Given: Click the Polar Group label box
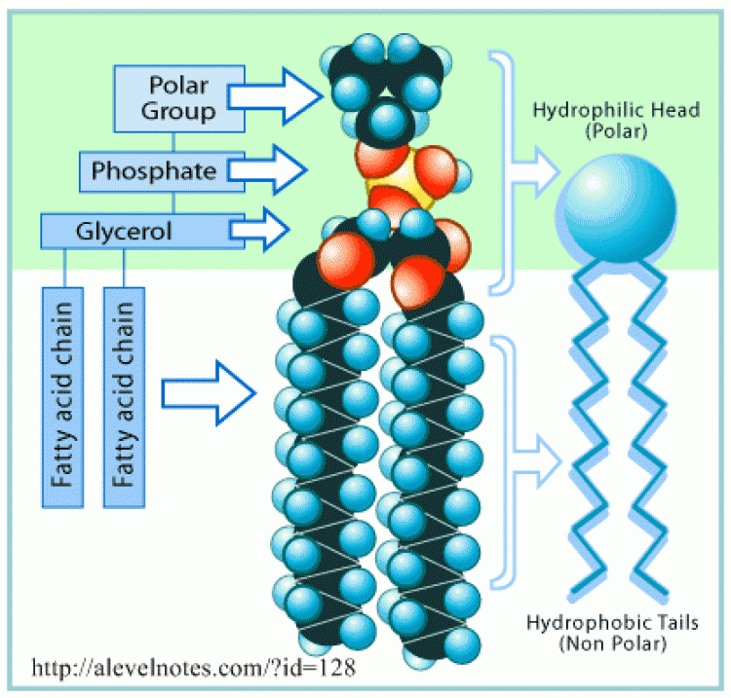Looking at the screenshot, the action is [179, 98].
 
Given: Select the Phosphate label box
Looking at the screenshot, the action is [162, 171].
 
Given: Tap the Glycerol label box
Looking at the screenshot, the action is [142, 231].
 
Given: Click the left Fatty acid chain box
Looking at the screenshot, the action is [63, 397].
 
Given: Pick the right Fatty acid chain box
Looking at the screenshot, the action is [124, 397].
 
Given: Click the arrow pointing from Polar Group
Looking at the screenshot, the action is [275, 96].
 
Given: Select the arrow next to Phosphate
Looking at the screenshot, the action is [268, 170].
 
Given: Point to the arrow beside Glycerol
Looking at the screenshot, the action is [259, 230].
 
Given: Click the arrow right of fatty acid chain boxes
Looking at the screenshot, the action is [209, 393].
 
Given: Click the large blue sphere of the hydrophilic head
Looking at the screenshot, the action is [616, 208].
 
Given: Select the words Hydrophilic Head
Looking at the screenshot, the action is [616, 110].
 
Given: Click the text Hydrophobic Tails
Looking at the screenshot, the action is [613, 623].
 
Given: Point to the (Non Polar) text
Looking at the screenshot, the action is [613, 644].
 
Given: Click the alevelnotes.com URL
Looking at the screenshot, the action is [194, 668].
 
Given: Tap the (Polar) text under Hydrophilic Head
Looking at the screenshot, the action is [616, 131].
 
